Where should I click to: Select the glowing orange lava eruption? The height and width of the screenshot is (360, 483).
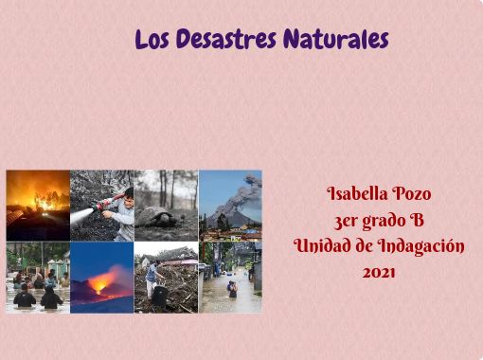point(104,281)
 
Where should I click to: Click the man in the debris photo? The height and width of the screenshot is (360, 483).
point(153,279)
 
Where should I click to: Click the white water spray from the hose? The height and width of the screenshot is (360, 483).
point(85,216)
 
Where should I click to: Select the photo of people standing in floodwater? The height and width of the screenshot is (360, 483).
point(38,277)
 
